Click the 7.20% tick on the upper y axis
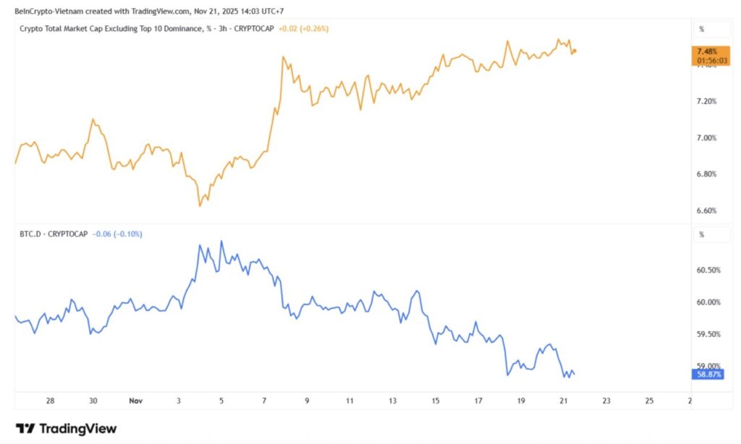click(706, 101)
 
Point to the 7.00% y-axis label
click(706, 137)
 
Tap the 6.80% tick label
click(706, 174)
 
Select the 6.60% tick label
click(706, 210)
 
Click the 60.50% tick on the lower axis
click(708, 270)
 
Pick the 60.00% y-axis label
click(708, 302)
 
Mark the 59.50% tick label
click(708, 334)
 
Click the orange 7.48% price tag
click(706, 51)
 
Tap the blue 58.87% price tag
click(707, 374)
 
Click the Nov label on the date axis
click(135, 400)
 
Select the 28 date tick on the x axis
click(50, 400)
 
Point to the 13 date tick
click(393, 400)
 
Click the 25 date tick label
click(648, 400)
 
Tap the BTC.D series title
click(34, 234)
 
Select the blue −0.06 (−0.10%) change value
click(118, 234)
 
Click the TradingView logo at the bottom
click(66, 428)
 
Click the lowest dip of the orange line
click(199, 206)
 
